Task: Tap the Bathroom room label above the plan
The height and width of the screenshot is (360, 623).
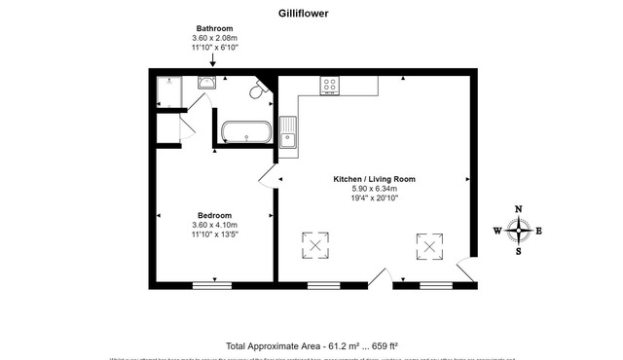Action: pyautogui.click(x=213, y=30)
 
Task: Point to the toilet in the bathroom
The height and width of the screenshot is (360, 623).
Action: pyautogui.click(x=259, y=91)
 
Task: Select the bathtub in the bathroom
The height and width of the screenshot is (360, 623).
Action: pyautogui.click(x=245, y=131)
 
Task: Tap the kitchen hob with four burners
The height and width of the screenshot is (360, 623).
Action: pyautogui.click(x=330, y=86)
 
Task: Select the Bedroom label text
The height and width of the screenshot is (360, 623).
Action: pyautogui.click(x=213, y=215)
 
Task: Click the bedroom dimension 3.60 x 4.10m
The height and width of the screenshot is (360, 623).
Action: pyautogui.click(x=213, y=225)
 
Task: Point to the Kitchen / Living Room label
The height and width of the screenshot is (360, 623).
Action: pyautogui.click(x=374, y=179)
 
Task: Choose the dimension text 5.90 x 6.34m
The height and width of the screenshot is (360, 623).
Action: pyautogui.click(x=374, y=189)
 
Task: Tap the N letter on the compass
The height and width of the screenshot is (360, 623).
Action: pyautogui.click(x=519, y=210)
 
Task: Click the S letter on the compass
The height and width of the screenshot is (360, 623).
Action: pyautogui.click(x=519, y=252)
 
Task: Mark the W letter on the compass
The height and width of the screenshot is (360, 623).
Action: pyautogui.click(x=497, y=232)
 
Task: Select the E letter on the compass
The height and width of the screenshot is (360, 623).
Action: pyautogui.click(x=539, y=232)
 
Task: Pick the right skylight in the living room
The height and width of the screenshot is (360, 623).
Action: pyautogui.click(x=428, y=247)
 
